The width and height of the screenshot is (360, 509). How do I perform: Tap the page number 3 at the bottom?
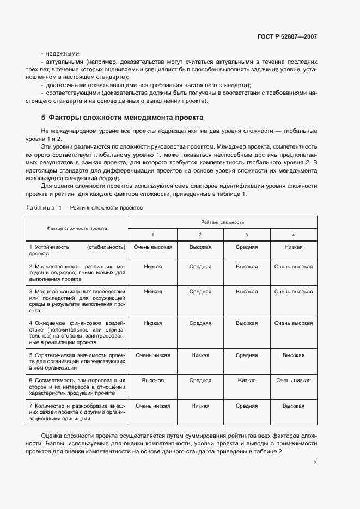tap(315, 463)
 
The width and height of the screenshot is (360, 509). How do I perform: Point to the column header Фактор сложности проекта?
tap(77, 228)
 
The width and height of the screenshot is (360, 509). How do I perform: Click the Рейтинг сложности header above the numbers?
tap(222, 222)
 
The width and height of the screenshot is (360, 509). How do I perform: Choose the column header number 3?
tap(247, 234)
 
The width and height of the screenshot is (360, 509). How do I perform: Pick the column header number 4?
tap(293, 234)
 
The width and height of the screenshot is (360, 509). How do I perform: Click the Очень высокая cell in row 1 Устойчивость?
tap(153, 247)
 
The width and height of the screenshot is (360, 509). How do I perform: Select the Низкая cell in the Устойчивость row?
tap(293, 247)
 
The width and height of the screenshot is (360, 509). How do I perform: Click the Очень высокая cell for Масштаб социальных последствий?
tap(293, 292)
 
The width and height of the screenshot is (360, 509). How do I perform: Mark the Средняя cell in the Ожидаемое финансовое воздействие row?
tap(200, 323)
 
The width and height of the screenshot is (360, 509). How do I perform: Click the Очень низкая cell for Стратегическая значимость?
tap(153, 355)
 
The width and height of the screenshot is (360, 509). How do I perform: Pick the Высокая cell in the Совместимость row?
tap(153, 381)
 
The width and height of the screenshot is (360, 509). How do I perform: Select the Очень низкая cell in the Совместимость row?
tap(293, 381)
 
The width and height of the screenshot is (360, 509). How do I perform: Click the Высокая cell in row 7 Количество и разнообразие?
tap(293, 406)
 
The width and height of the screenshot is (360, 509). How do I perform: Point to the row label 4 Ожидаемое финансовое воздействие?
tap(77, 334)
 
